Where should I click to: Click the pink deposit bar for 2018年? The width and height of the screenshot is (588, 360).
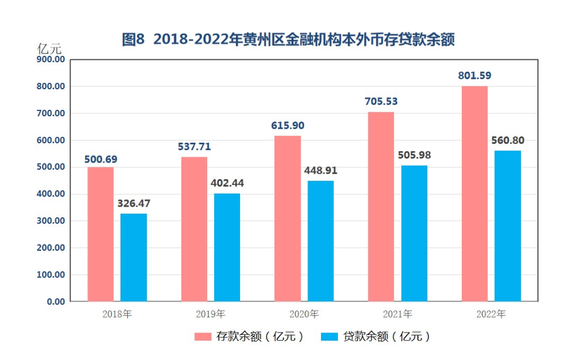pos(100,234)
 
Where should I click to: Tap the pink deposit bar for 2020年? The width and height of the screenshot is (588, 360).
pos(288,218)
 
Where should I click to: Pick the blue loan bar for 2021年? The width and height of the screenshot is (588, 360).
pos(414,233)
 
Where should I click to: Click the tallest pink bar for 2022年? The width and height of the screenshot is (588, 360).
pos(474,194)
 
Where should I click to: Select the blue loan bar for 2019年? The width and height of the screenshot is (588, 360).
pos(227,247)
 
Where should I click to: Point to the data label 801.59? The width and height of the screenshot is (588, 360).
pos(474,75)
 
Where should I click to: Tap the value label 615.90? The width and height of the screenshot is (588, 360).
pos(288,126)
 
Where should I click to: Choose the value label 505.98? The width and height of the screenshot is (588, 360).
pos(414,155)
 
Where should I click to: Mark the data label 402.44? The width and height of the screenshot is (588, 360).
pos(227,183)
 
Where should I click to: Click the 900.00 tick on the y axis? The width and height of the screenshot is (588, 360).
pos(50,59)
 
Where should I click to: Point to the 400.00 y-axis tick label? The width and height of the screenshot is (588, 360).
pos(50,194)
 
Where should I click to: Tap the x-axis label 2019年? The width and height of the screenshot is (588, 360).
pos(211,314)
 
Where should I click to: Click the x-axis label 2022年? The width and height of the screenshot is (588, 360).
pos(491,314)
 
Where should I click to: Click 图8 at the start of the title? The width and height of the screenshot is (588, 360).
pos(133,40)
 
